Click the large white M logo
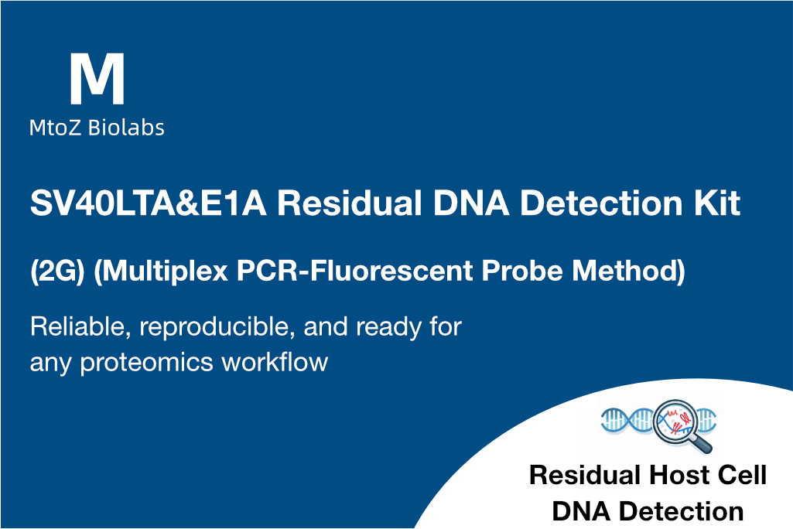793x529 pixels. (x=97, y=80)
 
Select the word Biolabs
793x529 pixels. (x=125, y=128)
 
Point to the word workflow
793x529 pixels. (x=282, y=361)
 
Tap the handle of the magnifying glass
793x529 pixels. (x=703, y=442)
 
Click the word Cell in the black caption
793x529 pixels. (x=740, y=475)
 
